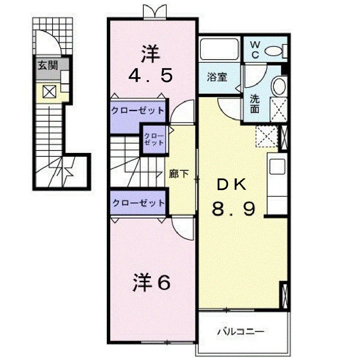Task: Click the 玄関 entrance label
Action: coord(48,65)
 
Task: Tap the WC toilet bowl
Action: coord(273,51)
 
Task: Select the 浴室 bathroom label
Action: coord(217,77)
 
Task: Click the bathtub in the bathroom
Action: coord(219,49)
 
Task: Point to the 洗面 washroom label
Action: coord(255,104)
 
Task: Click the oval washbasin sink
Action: coord(279,86)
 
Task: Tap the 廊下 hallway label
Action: coord(178,173)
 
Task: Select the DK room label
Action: coord(232,185)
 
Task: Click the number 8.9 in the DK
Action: coord(234,209)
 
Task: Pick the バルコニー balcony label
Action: coord(241,331)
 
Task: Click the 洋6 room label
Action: coord(152,282)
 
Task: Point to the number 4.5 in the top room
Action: coord(150,76)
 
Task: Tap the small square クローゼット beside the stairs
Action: coord(154,139)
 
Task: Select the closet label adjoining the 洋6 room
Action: coord(138,203)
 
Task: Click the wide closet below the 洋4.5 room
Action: coord(138,116)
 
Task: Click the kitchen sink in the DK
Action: coord(277,166)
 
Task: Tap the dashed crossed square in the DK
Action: coord(267,136)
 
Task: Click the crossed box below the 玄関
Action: coord(49,91)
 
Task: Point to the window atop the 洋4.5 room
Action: coord(155,12)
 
